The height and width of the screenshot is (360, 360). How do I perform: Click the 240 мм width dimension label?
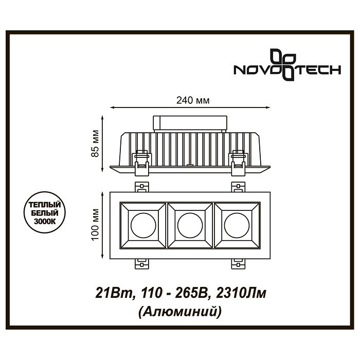tap(193, 100)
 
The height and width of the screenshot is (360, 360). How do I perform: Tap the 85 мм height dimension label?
tap(95, 143)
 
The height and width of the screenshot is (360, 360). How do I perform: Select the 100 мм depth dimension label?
tap(95, 225)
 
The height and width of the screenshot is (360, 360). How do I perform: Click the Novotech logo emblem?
tap(283, 65)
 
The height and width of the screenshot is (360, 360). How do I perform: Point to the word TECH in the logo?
tap(318, 70)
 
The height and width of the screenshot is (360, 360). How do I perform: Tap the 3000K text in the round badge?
tap(45, 222)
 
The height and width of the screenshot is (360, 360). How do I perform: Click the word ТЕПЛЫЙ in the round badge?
tap(45, 204)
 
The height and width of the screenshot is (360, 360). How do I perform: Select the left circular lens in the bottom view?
tap(143, 225)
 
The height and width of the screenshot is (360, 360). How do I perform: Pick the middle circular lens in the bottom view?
tap(190, 225)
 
